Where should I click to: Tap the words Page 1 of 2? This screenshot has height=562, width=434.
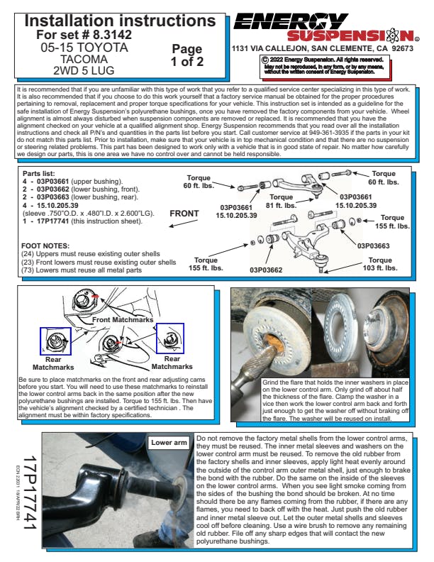187,55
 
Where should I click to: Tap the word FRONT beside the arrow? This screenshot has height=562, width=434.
184,213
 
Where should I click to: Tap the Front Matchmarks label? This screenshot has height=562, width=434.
115,321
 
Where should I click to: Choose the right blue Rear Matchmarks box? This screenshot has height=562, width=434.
169,337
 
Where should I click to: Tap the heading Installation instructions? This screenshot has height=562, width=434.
116,19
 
